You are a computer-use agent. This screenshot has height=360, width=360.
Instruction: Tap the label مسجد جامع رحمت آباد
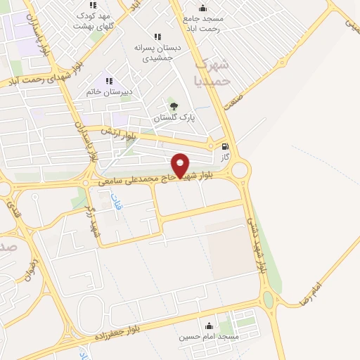202,23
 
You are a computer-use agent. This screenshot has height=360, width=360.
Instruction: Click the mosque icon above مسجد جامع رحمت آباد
202,8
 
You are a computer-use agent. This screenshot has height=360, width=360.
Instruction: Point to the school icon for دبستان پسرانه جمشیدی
157,37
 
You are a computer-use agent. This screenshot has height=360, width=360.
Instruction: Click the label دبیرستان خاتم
109,92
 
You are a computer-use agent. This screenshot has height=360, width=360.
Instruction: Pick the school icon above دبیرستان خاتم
109,82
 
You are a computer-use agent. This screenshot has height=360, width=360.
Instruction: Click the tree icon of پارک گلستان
174,107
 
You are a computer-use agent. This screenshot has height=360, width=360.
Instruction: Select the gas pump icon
225,148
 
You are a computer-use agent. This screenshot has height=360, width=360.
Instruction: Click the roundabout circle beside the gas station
240,170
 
